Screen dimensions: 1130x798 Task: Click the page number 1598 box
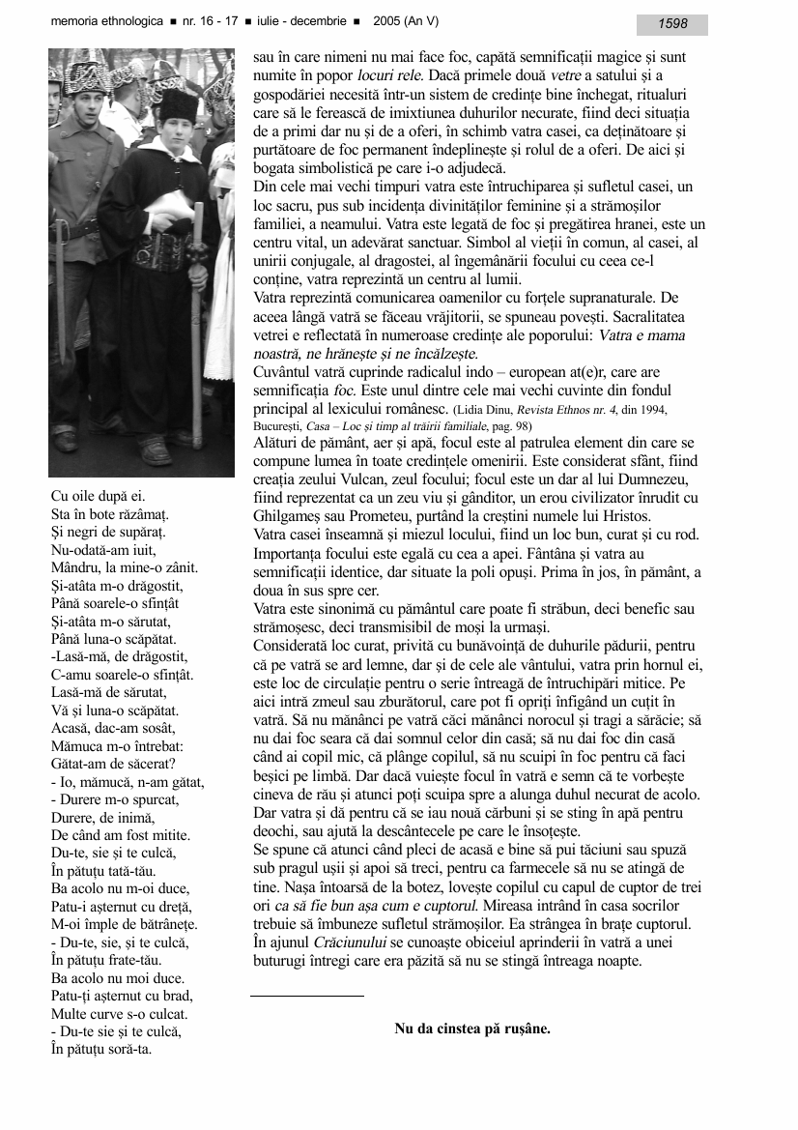[x=671, y=24]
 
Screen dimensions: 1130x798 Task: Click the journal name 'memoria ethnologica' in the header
[x=106, y=22]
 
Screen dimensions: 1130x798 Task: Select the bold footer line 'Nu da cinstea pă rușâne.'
[x=472, y=1029]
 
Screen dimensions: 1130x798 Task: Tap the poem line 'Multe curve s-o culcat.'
[x=119, y=1014]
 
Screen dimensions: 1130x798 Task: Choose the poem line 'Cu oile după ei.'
[x=99, y=496]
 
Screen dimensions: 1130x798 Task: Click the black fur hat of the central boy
[x=177, y=104]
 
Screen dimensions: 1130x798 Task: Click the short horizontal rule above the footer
[x=307, y=995]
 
